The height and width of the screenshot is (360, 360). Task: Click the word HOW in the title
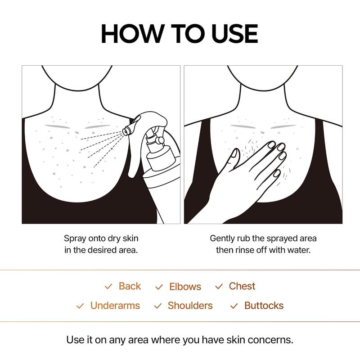point(131,34)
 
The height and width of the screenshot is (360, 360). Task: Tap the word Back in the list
point(130,286)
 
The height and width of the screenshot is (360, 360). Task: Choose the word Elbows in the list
point(185,287)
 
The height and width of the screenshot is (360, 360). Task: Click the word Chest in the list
point(242,286)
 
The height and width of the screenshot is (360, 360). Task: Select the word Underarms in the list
point(115,306)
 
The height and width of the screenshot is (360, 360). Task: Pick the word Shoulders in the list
point(190,306)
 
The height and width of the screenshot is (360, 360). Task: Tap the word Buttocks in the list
point(264,306)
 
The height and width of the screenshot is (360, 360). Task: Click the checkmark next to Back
point(108,287)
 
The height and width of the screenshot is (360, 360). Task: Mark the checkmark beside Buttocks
point(234,306)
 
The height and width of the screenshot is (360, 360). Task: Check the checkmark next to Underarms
point(80,306)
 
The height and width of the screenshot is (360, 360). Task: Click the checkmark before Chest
point(219,287)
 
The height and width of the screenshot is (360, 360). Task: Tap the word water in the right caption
point(298,249)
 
